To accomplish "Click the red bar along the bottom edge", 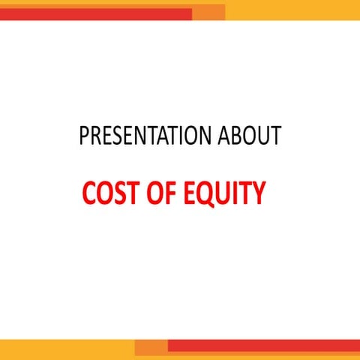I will coord(262,345).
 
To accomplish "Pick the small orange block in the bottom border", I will coord(151,347).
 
